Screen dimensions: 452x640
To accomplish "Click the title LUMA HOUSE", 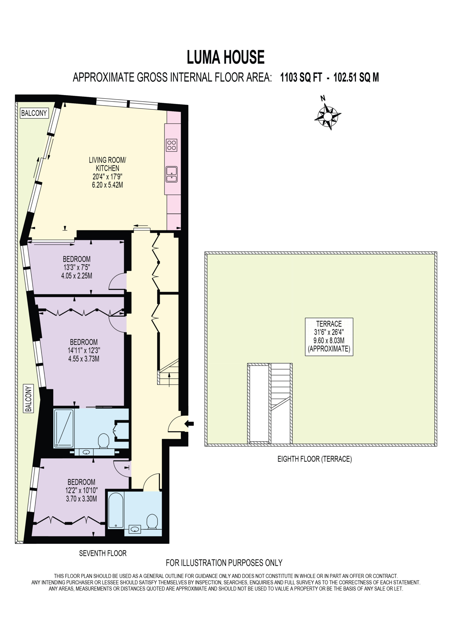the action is click(226, 57).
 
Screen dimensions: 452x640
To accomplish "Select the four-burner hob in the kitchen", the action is click(172, 145).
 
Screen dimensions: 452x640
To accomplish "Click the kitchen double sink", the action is click(172, 174).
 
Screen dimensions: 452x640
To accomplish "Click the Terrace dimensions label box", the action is click(329, 336).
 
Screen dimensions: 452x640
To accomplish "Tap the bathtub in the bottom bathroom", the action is click(116, 510).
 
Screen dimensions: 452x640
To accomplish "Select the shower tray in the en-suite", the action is click(64, 428).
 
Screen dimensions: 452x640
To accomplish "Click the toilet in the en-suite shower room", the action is click(104, 440).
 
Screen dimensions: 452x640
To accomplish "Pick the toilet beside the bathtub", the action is click(152, 521).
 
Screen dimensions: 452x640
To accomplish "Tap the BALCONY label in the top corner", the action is click(34, 113).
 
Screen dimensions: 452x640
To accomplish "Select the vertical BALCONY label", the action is click(28, 398).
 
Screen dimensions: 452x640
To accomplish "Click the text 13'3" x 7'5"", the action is click(77, 267).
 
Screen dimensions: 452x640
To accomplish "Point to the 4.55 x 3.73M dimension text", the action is click(84, 358).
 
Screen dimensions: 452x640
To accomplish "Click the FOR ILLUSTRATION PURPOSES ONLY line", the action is click(224, 563).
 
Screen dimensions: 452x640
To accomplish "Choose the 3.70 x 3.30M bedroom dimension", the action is click(81, 499).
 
